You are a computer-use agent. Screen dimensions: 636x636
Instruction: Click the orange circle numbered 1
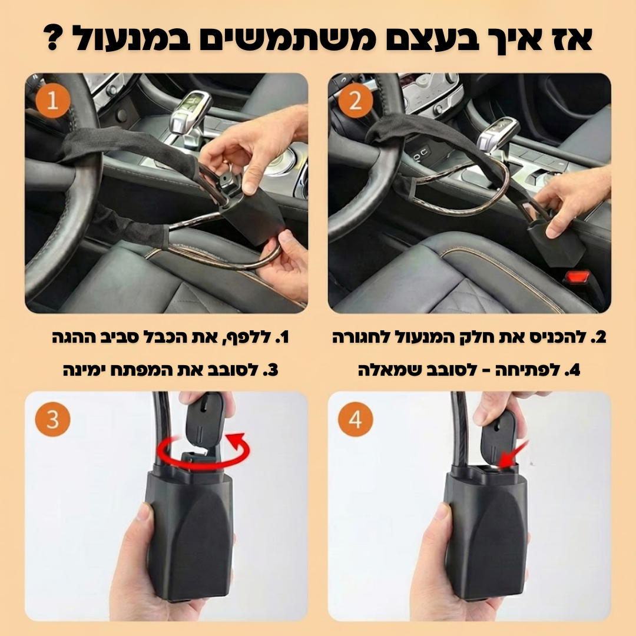pyautogui.click(x=52, y=101)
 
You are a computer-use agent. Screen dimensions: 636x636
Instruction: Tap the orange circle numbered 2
pyautogui.click(x=356, y=101)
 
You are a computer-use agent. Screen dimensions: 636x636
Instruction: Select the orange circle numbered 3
pyautogui.click(x=52, y=420)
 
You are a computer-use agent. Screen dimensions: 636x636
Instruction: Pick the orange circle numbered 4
pyautogui.click(x=356, y=420)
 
